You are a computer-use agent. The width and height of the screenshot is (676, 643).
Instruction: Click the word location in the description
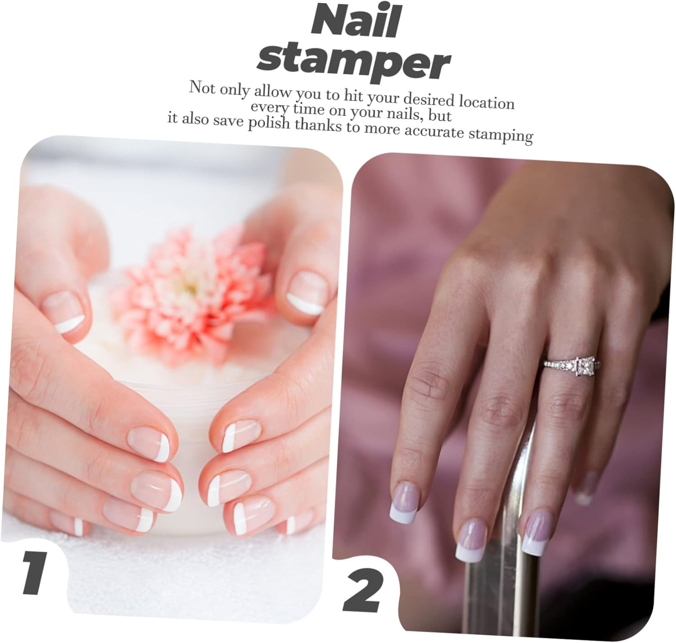pos(486,101)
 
